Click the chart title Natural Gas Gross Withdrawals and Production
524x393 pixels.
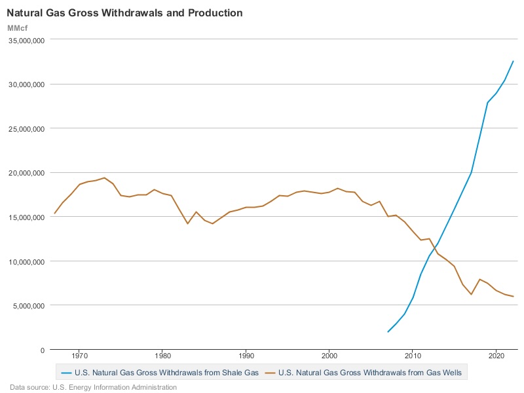pyautogui.click(x=124, y=13)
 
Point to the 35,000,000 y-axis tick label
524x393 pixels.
pyautogui.click(x=25, y=40)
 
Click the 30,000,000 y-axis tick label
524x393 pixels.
pyautogui.click(x=25, y=84)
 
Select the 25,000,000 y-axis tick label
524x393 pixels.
pyautogui.click(x=25, y=128)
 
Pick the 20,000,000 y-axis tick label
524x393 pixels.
pyautogui.click(x=25, y=173)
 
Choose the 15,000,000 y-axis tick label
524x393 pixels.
pyautogui.click(x=25, y=217)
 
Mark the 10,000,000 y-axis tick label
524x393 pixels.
pyautogui.click(x=25, y=261)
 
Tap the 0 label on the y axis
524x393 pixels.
pyautogui.click(x=42, y=350)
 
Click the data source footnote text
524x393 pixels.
pyautogui.click(x=93, y=387)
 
